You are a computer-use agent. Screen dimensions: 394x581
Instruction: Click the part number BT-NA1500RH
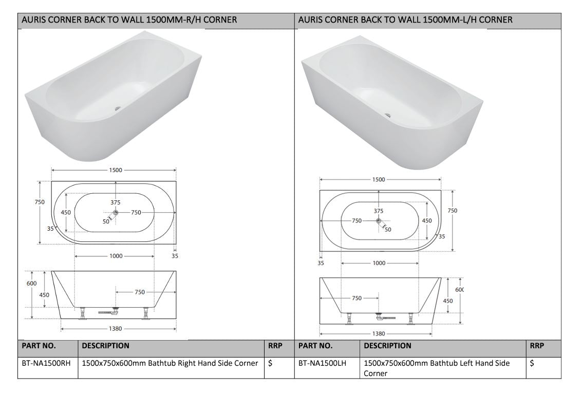pyautogui.click(x=46, y=363)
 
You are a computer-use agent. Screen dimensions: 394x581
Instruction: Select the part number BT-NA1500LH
pyautogui.click(x=322, y=363)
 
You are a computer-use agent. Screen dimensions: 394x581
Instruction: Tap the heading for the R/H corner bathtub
pyautogui.click(x=129, y=21)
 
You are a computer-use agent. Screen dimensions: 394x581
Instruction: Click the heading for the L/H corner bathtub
pyautogui.click(x=405, y=21)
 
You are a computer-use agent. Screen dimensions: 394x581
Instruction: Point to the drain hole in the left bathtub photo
pyautogui.click(x=118, y=108)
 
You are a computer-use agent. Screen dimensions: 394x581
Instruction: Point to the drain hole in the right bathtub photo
pyautogui.click(x=388, y=115)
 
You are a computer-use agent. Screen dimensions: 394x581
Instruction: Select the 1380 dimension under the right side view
pyautogui.click(x=379, y=333)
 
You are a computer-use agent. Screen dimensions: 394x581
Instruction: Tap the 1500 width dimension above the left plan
pyautogui.click(x=116, y=171)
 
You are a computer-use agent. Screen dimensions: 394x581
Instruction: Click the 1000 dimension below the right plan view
pyautogui.click(x=379, y=263)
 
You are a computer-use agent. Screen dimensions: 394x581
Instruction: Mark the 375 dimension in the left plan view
pyautogui.click(x=116, y=202)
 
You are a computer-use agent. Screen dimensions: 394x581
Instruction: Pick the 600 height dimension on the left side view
pyautogui.click(x=31, y=283)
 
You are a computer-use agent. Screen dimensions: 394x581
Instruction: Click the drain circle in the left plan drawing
pyautogui.click(x=116, y=213)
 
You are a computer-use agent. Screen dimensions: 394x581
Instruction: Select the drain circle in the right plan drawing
pyautogui.click(x=379, y=221)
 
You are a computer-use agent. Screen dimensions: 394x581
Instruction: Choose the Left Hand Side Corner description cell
pyautogui.click(x=437, y=368)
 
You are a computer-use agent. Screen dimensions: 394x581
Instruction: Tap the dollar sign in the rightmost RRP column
pyautogui.click(x=532, y=363)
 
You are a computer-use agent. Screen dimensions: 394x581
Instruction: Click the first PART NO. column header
pyautogui.click(x=39, y=346)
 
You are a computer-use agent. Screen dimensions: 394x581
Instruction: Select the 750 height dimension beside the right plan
pyautogui.click(x=453, y=211)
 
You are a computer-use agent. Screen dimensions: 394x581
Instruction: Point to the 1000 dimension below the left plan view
pyautogui.click(x=116, y=256)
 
